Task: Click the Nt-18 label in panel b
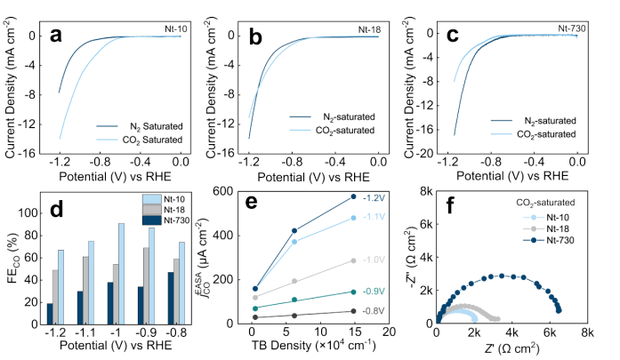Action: click(370, 29)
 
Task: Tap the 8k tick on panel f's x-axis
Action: click(586, 332)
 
